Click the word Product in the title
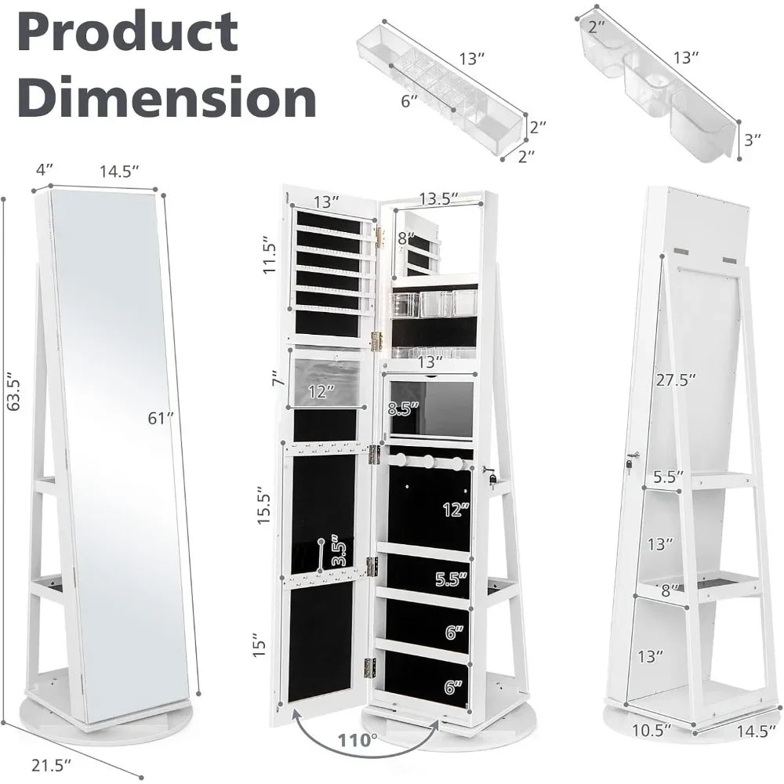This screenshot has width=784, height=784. coord(128,32)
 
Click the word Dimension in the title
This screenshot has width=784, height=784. coord(166,96)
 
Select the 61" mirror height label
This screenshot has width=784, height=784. coord(160,418)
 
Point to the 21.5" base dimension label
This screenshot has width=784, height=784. coord(51,764)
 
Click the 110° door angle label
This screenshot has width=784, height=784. coord(358,739)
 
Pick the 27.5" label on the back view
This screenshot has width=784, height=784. coord(676,380)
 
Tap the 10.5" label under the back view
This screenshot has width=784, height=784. coord(651,730)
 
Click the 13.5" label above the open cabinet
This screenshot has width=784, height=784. coord(438,198)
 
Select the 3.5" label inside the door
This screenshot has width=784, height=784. coord(339,550)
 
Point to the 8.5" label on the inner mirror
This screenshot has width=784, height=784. coord(403,408)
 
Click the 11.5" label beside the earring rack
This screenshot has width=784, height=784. coord(270,255)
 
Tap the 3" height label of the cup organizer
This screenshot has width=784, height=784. coord(753,140)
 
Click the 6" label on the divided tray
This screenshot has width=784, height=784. coord(409,101)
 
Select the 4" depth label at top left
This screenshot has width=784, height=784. coord(44,170)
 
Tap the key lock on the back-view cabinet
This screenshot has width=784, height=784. coord(630,460)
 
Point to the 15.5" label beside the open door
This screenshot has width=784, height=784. coord(263,505)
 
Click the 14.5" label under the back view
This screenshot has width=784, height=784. coord(756,731)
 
